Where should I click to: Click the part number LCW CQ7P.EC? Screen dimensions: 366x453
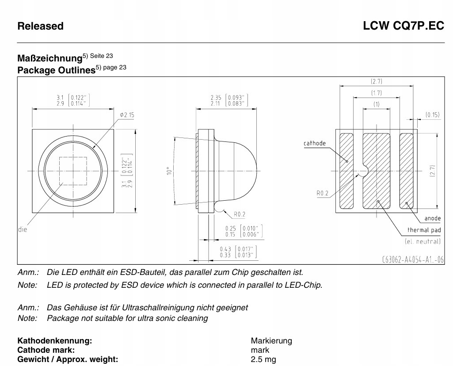point(404,26)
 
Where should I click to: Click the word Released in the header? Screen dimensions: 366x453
point(40,26)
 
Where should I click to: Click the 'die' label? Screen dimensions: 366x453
point(22,229)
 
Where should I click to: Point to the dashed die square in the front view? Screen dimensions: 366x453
point(72,171)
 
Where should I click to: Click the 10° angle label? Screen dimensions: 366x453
point(168,171)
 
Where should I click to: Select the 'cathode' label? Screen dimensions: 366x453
point(315,143)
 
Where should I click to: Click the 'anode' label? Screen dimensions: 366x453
point(432,218)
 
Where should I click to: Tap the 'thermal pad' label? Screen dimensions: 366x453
point(424,230)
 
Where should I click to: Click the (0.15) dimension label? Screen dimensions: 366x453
point(433,114)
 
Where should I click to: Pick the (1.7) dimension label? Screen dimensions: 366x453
point(377,93)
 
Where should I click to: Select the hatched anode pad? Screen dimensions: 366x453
point(406,171)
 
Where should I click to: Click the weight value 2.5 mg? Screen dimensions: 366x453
point(263,359)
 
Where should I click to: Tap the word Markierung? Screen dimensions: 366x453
point(271,341)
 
